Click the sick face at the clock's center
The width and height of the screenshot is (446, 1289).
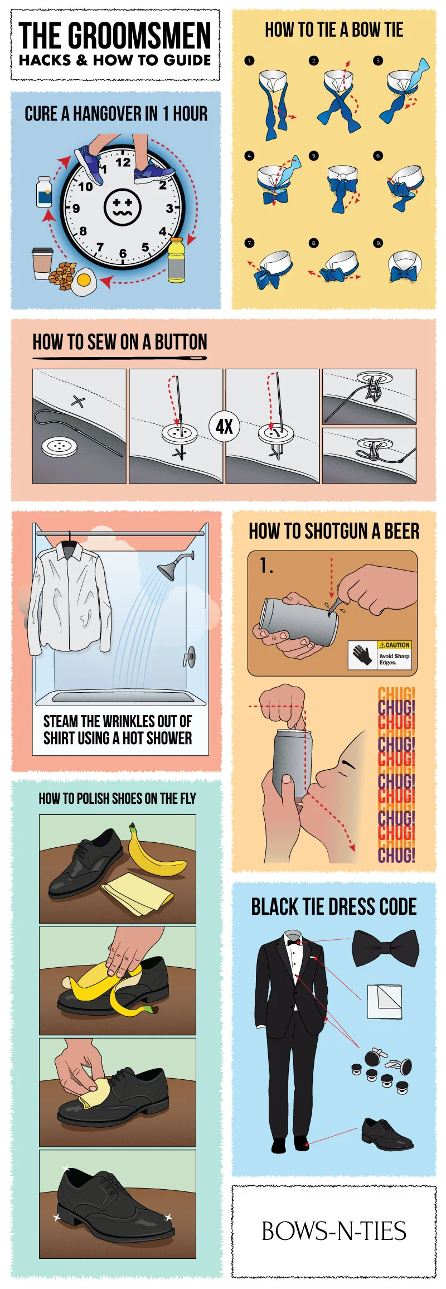tap(123, 207)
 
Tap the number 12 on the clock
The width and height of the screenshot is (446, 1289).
tap(123, 162)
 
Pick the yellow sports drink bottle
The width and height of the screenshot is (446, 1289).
tap(176, 260)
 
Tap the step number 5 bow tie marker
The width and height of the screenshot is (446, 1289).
tap(314, 156)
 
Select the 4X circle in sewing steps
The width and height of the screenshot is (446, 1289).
tap(224, 427)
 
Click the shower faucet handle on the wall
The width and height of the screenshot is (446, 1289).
tap(190, 656)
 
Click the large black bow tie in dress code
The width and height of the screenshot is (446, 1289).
tap(385, 947)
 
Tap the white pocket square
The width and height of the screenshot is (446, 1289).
tap(384, 1002)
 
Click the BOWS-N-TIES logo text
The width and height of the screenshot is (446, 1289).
tap(333, 1231)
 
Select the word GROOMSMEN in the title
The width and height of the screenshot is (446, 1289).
tap(139, 36)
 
